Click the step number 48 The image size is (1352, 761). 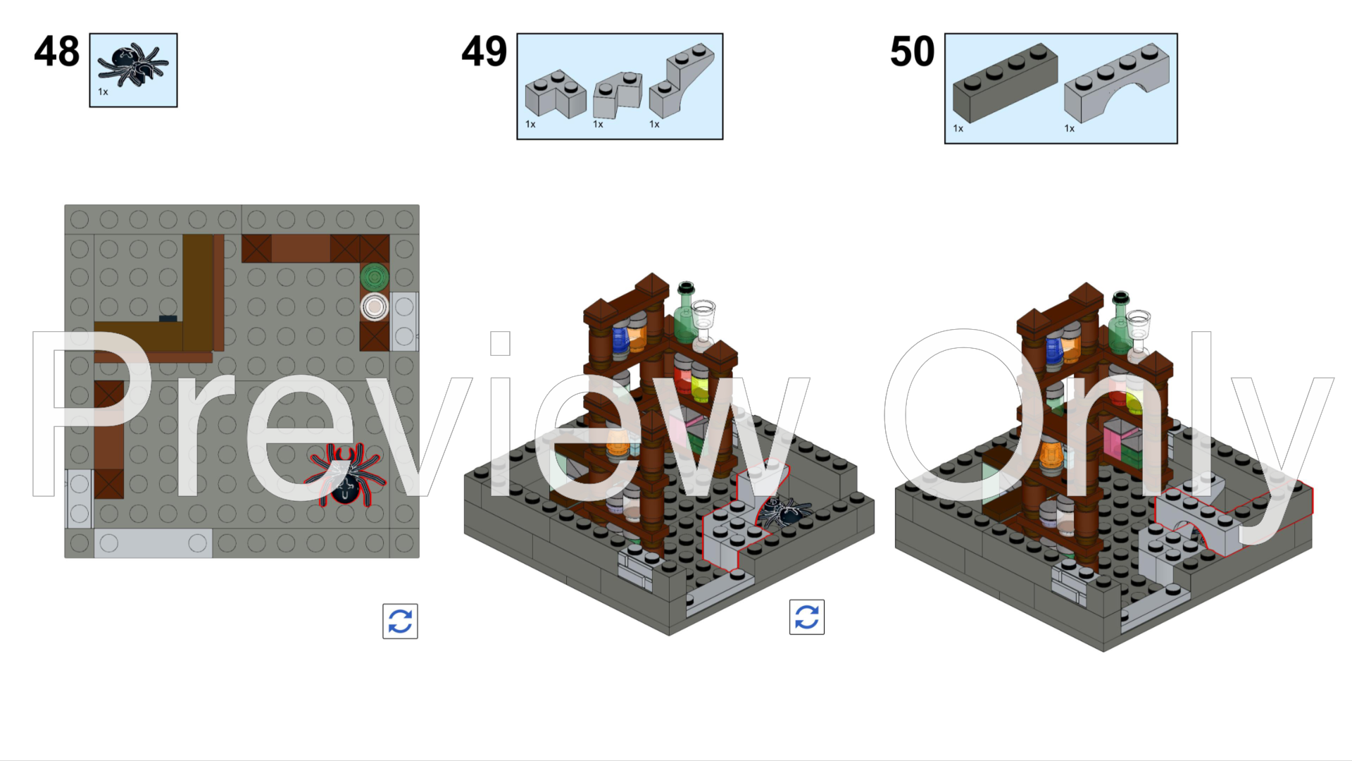[x=57, y=52]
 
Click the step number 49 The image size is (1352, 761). [x=484, y=52]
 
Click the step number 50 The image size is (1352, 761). [x=912, y=52]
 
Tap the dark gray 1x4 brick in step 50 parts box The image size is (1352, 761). [x=1005, y=83]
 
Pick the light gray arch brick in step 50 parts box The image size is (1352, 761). [x=1117, y=83]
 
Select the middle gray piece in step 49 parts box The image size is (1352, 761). [x=618, y=94]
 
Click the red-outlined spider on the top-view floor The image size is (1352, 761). [x=345, y=475]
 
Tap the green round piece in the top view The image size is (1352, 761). [x=375, y=277]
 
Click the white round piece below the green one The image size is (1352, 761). [x=375, y=307]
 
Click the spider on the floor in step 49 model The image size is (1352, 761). [x=784, y=512]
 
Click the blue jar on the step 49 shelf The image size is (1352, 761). [x=620, y=340]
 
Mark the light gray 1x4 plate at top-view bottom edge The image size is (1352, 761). [x=153, y=543]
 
